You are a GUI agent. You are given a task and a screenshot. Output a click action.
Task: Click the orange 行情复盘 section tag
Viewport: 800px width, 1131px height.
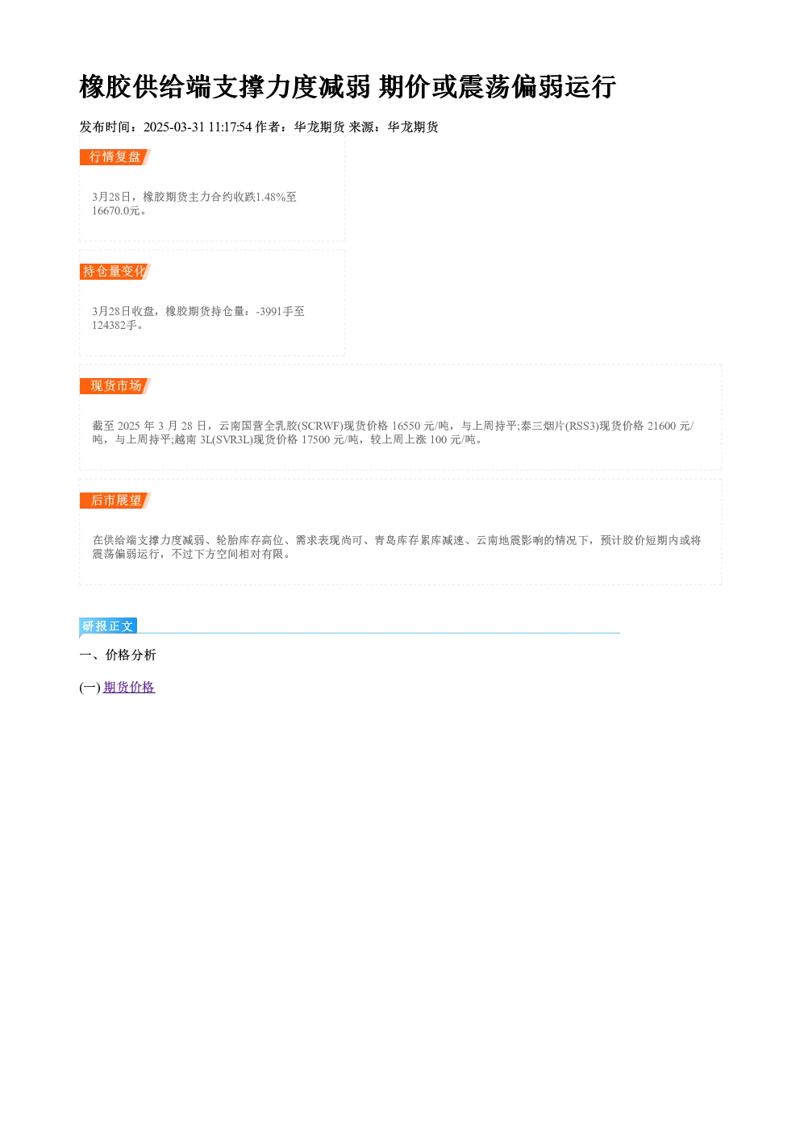tap(115, 157)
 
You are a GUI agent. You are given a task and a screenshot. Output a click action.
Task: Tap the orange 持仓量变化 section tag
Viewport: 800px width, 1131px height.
tap(115, 272)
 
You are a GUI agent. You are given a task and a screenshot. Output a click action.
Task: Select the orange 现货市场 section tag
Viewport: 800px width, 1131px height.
tap(115, 386)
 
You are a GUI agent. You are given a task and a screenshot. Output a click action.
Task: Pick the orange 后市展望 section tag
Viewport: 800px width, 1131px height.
tap(115, 501)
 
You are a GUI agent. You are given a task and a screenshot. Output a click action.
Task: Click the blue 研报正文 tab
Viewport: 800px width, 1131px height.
tap(108, 626)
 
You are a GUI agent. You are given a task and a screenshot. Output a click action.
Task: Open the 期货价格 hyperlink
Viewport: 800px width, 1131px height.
tap(129, 687)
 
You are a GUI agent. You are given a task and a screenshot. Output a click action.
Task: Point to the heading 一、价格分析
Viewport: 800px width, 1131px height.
tap(118, 655)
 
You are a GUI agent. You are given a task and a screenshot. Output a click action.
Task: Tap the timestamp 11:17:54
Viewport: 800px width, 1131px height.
tap(231, 127)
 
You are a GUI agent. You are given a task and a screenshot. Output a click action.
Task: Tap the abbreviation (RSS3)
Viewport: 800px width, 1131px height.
tap(581, 426)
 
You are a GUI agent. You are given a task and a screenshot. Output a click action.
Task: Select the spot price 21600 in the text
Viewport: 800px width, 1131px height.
tap(661, 426)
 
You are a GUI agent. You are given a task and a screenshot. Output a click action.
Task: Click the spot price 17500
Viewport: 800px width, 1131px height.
tap(315, 440)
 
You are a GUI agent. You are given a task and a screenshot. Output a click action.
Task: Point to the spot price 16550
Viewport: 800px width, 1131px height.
tap(406, 426)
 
